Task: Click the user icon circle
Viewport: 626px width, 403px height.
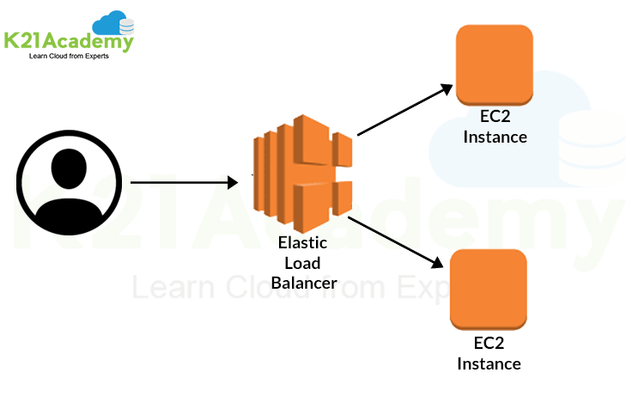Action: point(65,183)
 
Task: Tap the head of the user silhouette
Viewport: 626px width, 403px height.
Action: point(65,168)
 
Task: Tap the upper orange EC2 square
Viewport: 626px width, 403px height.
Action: point(495,63)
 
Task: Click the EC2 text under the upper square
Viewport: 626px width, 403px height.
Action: point(495,119)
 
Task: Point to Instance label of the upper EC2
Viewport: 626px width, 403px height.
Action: point(495,137)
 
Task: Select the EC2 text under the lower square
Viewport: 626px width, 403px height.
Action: point(489,344)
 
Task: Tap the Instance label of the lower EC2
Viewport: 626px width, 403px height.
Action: point(489,363)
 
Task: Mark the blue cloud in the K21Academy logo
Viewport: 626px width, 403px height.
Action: point(112,21)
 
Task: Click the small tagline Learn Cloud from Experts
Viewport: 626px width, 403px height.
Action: point(70,57)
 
